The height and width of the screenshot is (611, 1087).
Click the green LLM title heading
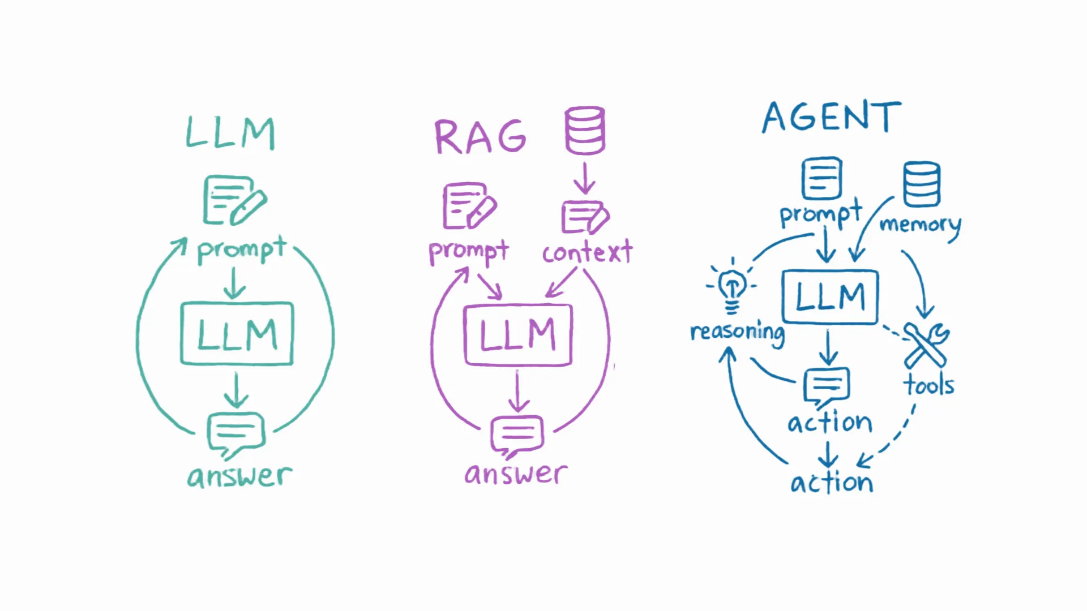(x=230, y=134)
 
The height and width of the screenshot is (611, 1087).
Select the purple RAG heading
(x=480, y=137)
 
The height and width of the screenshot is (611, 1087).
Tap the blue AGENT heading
(x=831, y=117)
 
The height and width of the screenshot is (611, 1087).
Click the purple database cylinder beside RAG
(x=585, y=131)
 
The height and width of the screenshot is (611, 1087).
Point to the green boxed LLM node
(x=237, y=334)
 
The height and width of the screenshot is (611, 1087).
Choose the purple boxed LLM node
(x=518, y=335)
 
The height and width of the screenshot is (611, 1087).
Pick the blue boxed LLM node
(x=830, y=297)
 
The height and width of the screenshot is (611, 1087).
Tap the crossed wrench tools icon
(x=926, y=345)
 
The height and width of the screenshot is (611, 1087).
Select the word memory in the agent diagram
(x=920, y=225)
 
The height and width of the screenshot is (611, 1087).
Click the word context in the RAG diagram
(x=587, y=252)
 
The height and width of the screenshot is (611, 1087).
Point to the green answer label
(x=239, y=476)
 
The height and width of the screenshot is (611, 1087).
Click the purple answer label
(x=516, y=474)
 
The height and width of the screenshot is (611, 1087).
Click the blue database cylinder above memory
(x=922, y=184)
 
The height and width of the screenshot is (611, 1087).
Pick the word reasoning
(x=737, y=332)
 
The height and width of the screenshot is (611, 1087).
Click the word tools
(x=928, y=385)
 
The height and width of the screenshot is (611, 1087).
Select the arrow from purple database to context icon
(x=584, y=178)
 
